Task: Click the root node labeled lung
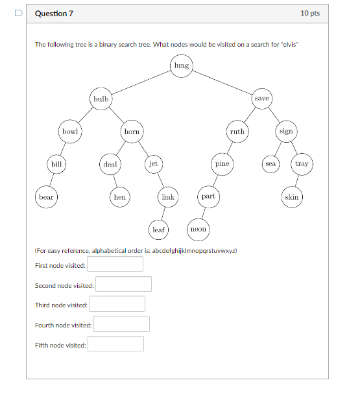(x=181, y=65)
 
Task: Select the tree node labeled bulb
(x=101, y=99)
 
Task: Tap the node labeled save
(x=261, y=99)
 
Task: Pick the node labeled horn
(x=132, y=132)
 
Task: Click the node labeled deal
(x=110, y=164)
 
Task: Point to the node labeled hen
(x=120, y=196)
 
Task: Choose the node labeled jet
(x=153, y=164)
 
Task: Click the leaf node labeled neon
(x=198, y=229)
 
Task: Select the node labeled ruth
(x=237, y=132)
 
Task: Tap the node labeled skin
(x=292, y=196)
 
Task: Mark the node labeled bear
(x=46, y=196)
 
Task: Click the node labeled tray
(x=302, y=164)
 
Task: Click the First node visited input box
(x=115, y=265)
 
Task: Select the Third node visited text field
(x=117, y=305)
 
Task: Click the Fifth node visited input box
(x=115, y=344)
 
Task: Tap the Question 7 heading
(x=54, y=13)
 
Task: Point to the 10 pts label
(x=309, y=13)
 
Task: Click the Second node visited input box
(x=123, y=285)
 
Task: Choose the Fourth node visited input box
(x=121, y=325)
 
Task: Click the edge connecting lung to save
(x=222, y=82)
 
